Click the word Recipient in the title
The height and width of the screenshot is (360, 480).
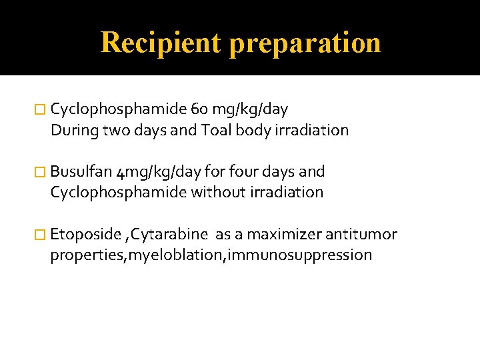click(x=160, y=43)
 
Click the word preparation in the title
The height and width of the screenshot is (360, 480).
click(x=305, y=43)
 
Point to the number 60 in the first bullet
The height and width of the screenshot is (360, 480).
click(x=199, y=109)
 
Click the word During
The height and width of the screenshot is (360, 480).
click(x=73, y=130)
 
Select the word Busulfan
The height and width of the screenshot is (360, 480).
click(x=80, y=172)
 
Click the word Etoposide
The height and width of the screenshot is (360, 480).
click(x=81, y=235)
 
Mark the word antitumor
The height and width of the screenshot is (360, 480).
click(x=361, y=235)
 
